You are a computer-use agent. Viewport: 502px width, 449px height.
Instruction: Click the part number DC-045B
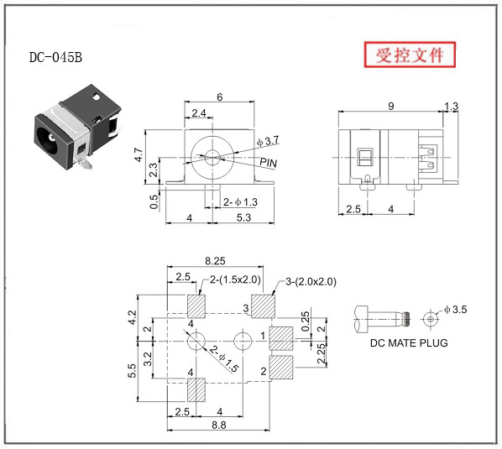point(55,57)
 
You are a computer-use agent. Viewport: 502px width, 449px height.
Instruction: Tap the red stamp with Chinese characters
point(410,55)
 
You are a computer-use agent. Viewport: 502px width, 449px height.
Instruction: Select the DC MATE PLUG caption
point(409,342)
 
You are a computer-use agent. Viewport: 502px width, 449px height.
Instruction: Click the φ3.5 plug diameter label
point(456,310)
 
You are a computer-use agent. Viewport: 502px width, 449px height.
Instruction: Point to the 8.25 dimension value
point(215,261)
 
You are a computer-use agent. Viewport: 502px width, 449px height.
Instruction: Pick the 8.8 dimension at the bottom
point(218,425)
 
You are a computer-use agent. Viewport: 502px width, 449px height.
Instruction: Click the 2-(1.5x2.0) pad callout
point(235,279)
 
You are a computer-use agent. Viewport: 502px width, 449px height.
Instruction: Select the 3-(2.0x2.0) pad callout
point(311,282)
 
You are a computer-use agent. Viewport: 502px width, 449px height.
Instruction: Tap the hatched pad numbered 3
point(263,306)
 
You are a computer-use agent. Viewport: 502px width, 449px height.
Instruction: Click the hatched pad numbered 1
point(281,338)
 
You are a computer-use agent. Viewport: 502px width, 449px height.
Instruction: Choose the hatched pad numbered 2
point(281,367)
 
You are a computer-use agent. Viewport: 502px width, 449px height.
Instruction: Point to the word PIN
point(269,163)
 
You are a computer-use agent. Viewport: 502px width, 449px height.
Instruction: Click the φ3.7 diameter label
point(268,141)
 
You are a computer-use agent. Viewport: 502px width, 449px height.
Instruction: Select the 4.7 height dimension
point(139,154)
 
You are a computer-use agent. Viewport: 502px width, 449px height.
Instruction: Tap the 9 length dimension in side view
point(391,107)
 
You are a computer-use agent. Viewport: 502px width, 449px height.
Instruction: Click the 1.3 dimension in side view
point(451,107)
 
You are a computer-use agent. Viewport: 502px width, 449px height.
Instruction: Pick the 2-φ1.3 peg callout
point(240,202)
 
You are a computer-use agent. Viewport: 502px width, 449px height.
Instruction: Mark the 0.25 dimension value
point(306,321)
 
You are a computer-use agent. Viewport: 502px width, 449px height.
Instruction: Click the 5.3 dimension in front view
point(243,217)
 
